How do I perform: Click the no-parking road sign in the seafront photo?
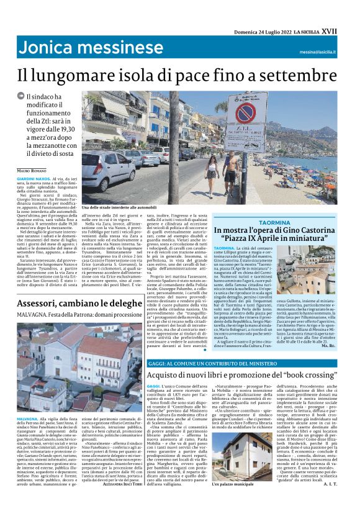(x=245, y=114)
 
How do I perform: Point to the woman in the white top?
(x=212, y=177)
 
